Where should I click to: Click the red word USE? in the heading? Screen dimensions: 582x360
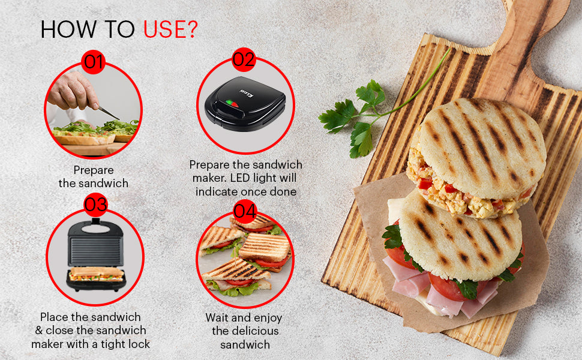170,29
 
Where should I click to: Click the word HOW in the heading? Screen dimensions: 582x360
69,29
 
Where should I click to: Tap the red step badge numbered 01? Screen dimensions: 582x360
93,62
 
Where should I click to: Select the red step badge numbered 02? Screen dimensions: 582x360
244,60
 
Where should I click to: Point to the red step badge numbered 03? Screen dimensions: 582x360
95,205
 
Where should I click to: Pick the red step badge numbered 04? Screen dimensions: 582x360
245,211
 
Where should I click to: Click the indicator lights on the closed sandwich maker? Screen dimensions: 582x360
232,103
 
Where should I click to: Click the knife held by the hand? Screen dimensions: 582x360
109,112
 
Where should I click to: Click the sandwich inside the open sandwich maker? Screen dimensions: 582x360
97,274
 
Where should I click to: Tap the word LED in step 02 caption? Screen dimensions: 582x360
241,178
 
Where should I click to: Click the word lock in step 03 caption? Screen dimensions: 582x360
138,344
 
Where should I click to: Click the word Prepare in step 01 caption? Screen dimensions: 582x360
94,170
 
